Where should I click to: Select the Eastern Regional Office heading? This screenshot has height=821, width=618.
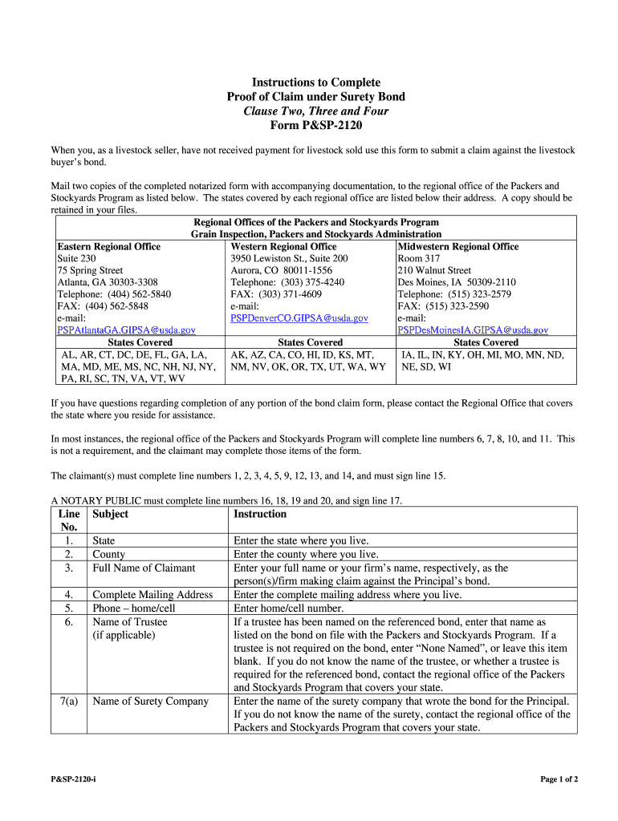tap(108, 247)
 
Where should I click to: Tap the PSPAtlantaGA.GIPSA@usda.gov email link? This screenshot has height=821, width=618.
tap(126, 330)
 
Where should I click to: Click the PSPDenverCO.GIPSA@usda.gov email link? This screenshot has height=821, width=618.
tap(299, 318)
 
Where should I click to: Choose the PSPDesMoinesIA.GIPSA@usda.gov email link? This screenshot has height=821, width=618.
tap(473, 330)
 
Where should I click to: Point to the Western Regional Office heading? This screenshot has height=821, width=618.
tap(283, 247)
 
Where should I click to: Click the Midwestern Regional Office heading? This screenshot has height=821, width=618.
tap(458, 247)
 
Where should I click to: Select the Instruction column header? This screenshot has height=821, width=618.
tap(259, 514)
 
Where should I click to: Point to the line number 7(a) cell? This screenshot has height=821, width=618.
tap(68, 702)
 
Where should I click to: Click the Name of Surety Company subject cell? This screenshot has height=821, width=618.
tap(150, 702)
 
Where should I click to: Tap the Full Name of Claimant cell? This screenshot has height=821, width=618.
tap(144, 568)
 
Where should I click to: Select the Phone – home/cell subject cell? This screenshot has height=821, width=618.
tap(133, 608)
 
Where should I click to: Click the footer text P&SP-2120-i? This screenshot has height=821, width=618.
tap(78, 779)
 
